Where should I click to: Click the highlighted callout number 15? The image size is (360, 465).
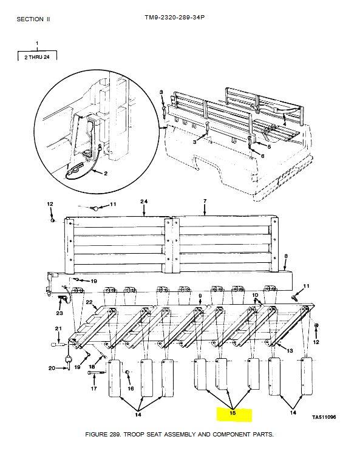pos(233,413)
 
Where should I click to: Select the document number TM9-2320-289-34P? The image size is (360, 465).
pos(175,17)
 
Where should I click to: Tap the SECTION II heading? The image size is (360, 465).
pos(33,19)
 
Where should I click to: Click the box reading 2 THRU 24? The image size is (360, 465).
pos(37,56)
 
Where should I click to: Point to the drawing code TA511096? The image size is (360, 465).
pos(324,417)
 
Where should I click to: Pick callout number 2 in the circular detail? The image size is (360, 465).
pos(106,174)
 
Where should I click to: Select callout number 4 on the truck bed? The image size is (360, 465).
pos(285,123)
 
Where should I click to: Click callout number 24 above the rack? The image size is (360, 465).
pos(144,202)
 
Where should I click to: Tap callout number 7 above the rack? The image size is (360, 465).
pos(205,201)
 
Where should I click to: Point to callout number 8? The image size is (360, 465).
pos(285,256)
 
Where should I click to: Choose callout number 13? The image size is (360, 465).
pos(290,350)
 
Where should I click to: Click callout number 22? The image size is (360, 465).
pos(89,302)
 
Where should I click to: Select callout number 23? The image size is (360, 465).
pos(59,313)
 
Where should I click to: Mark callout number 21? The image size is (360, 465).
pos(58,328)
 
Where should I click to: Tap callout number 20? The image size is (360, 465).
pos(52,368)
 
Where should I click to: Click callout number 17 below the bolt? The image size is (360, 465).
pos(93,388)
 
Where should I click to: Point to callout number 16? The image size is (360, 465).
pos(131,388)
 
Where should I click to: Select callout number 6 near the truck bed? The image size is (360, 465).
pos(262,155)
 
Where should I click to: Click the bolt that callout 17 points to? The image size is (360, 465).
pos(97,373)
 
